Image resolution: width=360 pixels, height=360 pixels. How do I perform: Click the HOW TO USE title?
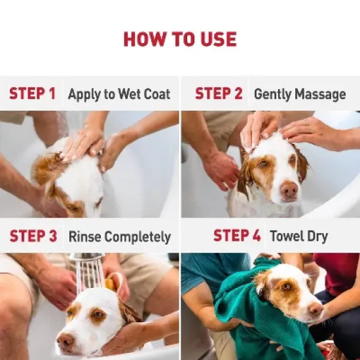179,39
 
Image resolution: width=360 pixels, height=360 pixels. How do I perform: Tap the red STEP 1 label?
32,94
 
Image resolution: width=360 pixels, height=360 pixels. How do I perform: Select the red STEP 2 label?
218,94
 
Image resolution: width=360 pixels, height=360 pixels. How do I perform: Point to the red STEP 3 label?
33,236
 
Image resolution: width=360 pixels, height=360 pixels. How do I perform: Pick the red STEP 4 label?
238,236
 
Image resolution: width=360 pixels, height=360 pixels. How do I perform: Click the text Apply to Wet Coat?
119,94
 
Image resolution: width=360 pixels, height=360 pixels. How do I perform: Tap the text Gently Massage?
299,94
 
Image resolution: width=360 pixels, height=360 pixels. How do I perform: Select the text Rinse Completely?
119,236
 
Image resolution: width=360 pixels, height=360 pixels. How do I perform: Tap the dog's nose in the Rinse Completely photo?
65,339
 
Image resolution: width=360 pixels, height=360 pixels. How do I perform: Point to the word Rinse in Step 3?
83,236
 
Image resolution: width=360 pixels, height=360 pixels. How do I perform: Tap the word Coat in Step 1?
156,94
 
